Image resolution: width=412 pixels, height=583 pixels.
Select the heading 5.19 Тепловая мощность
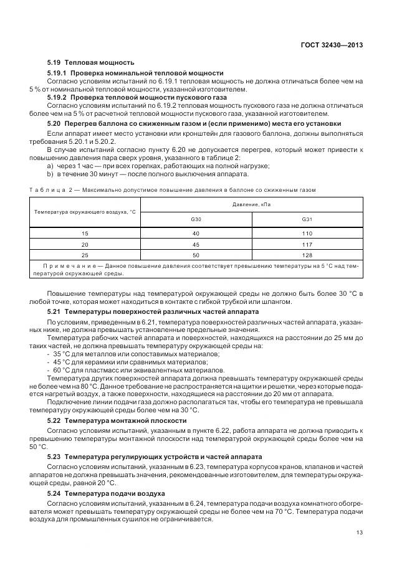tap(90, 63)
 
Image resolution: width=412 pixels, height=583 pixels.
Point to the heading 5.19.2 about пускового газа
tap(137, 98)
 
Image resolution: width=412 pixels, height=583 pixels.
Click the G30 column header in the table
tap(196, 220)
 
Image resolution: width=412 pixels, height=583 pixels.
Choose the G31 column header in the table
tap(307, 220)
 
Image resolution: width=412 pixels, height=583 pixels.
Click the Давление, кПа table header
tap(252, 204)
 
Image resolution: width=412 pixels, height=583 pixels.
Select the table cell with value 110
tap(307, 233)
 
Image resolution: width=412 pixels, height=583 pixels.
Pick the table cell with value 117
tap(307, 244)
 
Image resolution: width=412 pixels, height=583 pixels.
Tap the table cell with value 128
tap(307, 255)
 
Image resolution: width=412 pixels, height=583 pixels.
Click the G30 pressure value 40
tap(196, 233)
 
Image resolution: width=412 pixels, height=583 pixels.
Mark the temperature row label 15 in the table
tap(85, 233)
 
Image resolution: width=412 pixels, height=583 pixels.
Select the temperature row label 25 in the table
tap(85, 255)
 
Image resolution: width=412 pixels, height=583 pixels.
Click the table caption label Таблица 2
tap(50, 189)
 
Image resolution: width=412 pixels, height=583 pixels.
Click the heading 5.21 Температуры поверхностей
tap(145, 311)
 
